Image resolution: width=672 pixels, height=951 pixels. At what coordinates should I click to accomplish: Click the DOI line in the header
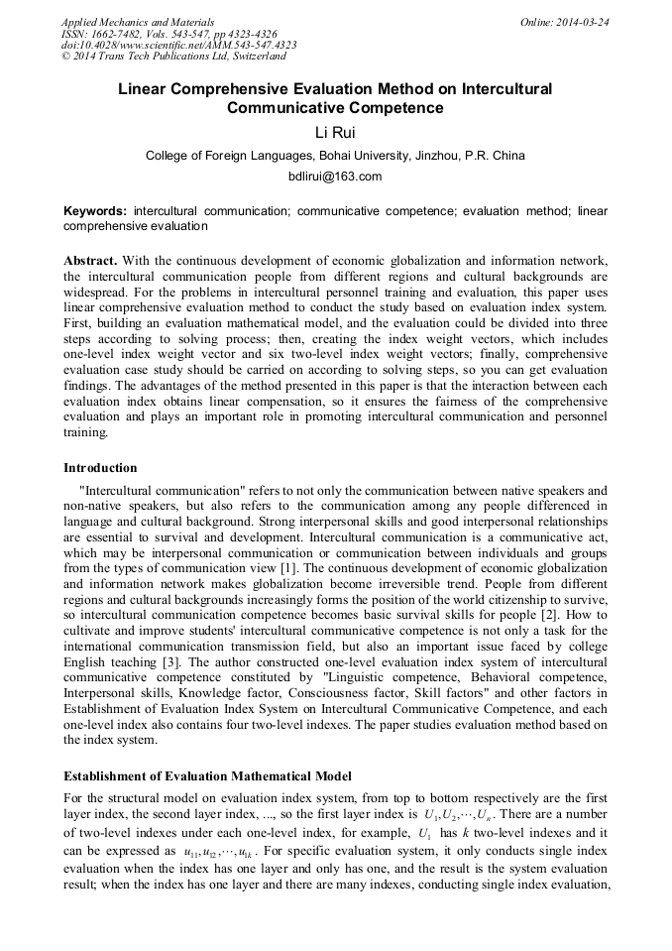tap(178, 45)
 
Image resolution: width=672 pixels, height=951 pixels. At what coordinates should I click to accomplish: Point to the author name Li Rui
tap(335, 132)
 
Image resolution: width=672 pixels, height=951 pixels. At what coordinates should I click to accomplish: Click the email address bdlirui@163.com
tap(335, 177)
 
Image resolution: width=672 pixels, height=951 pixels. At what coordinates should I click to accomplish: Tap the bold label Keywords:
tap(95, 211)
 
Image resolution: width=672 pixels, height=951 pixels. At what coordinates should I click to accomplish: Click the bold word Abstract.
tap(90, 260)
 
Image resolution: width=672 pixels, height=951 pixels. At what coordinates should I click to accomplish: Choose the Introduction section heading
tap(100, 468)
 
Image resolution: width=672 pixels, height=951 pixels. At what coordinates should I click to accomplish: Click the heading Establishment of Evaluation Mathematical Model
tap(207, 775)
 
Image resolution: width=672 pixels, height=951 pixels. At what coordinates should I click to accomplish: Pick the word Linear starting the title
tap(144, 88)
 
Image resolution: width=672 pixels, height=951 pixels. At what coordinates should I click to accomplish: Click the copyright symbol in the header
tap(65, 57)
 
